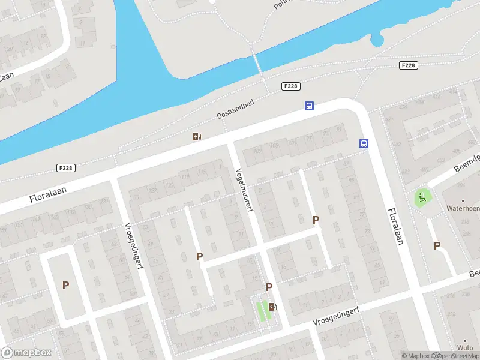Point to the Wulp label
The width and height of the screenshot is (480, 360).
click(x=464, y=347)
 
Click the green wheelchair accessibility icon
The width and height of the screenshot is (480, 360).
click(x=422, y=197)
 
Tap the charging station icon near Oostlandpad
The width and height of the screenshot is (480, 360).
click(x=197, y=137)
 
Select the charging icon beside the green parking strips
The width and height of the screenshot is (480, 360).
click(x=273, y=307)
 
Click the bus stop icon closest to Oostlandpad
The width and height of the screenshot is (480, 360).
click(x=309, y=106)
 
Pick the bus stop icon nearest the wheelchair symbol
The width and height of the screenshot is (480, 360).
click(x=364, y=143)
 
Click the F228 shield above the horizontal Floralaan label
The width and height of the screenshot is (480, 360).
click(x=66, y=168)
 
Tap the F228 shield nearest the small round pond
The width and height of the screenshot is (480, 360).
click(x=408, y=65)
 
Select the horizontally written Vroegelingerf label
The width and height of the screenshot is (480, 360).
click(x=337, y=314)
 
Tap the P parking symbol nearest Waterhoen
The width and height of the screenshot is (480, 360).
click(x=437, y=245)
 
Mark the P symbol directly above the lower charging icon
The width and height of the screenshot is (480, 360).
click(x=269, y=287)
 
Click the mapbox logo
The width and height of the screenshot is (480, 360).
click(x=26, y=353)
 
